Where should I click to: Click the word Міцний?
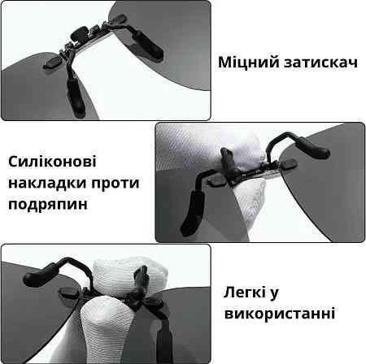tap(249, 63)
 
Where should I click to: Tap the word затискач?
tap(320, 63)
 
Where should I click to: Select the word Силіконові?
tap(52, 162)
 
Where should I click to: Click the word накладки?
tap(47, 183)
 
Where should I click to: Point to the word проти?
tap(115, 184)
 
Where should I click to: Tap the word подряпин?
tap(48, 205)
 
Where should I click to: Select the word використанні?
tap(280, 314)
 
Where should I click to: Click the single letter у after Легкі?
tap(274, 294)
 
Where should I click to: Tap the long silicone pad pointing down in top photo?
tap(76, 96)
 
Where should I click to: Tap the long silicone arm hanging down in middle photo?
tap(192, 213)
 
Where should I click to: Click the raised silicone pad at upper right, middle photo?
tap(312, 148)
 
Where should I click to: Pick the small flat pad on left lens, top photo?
tap(53, 63)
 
